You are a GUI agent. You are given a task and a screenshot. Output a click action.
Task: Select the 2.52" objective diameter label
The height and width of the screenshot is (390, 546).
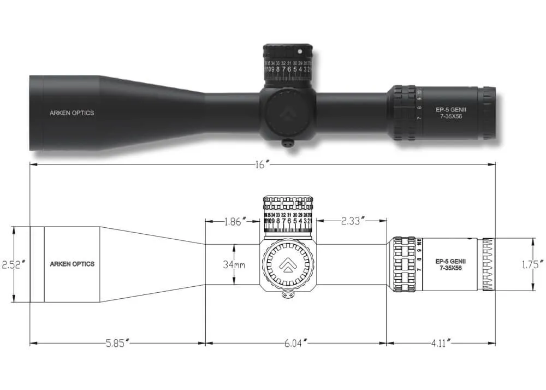(13, 264)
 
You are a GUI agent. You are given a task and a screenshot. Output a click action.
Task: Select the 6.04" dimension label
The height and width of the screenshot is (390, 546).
(296, 344)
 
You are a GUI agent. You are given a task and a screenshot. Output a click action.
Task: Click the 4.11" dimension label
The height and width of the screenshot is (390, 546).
(440, 344)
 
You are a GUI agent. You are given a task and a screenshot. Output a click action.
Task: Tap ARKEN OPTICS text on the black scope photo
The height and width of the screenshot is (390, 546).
(72, 113)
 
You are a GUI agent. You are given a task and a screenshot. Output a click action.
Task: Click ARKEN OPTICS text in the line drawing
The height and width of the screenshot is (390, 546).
(72, 264)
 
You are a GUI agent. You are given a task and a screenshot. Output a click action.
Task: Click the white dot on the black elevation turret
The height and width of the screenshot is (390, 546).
(300, 51)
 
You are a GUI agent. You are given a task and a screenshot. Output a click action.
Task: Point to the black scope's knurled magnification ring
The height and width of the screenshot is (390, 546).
(405, 113)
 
